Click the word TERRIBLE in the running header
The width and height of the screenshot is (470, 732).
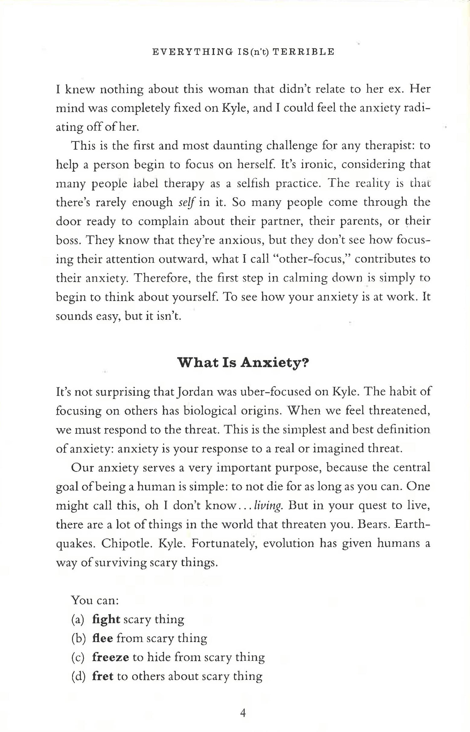(303, 52)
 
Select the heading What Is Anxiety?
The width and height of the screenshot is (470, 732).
(243, 363)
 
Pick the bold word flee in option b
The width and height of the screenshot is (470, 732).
(102, 638)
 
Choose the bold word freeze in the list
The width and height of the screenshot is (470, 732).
(110, 657)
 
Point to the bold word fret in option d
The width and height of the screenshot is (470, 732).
(102, 676)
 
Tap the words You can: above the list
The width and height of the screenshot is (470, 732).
(95, 600)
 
